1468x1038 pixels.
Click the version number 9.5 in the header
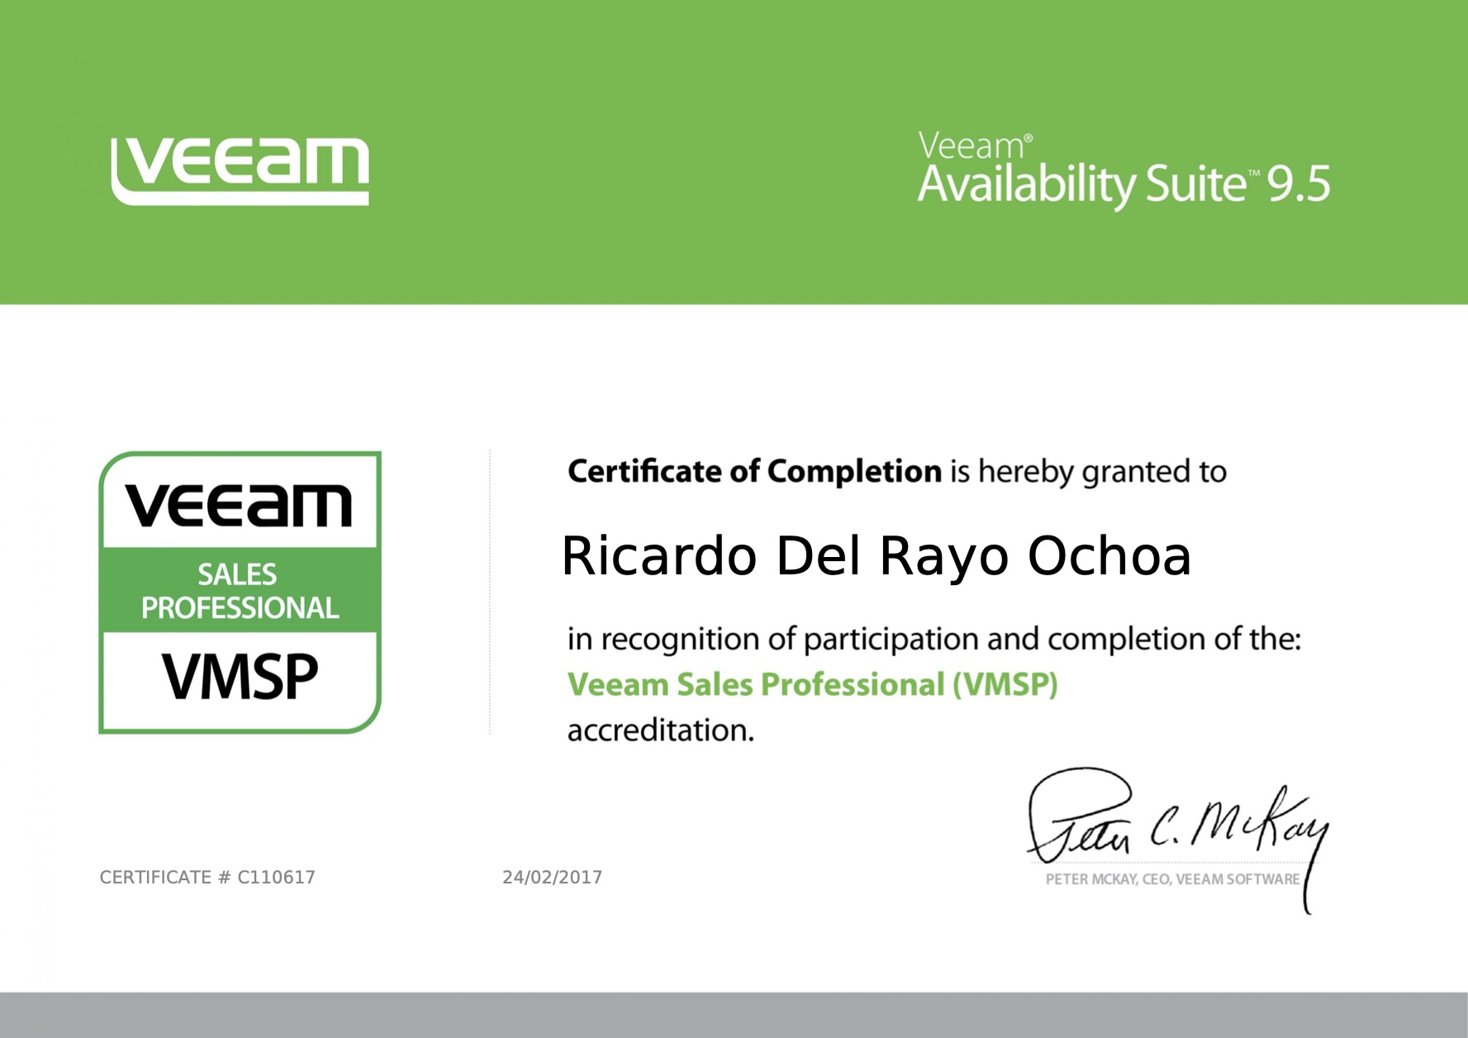pyautogui.click(x=1299, y=184)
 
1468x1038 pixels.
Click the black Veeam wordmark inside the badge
pyautogui.click(x=239, y=506)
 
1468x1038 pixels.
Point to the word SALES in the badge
pyautogui.click(x=237, y=574)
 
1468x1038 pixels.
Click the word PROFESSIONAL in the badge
pyautogui.click(x=240, y=608)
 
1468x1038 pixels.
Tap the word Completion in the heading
pyautogui.click(x=854, y=471)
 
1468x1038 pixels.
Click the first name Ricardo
pyautogui.click(x=658, y=555)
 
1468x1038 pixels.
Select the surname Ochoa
pyautogui.click(x=1109, y=555)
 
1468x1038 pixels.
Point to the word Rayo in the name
pyautogui.click(x=943, y=557)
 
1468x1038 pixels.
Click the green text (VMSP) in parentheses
pyautogui.click(x=1005, y=685)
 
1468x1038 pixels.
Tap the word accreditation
pyautogui.click(x=660, y=731)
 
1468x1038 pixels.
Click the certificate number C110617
pyautogui.click(x=276, y=878)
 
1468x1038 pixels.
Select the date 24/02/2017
pyautogui.click(x=552, y=878)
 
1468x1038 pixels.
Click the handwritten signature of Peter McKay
pyautogui.click(x=1173, y=823)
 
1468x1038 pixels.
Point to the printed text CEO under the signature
pyautogui.click(x=1156, y=879)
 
